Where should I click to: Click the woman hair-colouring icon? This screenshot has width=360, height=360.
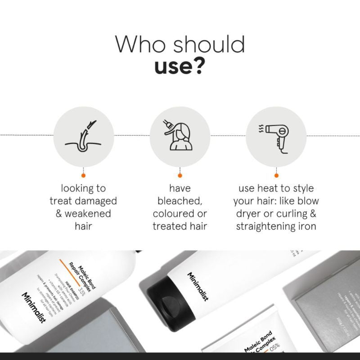(x=180, y=135)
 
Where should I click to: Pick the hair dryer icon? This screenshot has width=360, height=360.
(x=276, y=135)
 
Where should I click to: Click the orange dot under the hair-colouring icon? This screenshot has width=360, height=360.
(x=180, y=175)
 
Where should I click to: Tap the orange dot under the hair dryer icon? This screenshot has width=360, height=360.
(x=276, y=175)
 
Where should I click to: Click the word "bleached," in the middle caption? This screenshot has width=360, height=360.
(x=180, y=200)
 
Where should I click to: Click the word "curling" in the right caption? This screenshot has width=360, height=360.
(x=291, y=213)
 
